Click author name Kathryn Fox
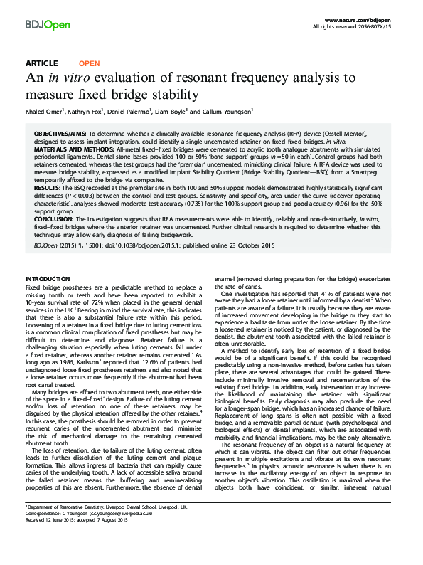[87, 112]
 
